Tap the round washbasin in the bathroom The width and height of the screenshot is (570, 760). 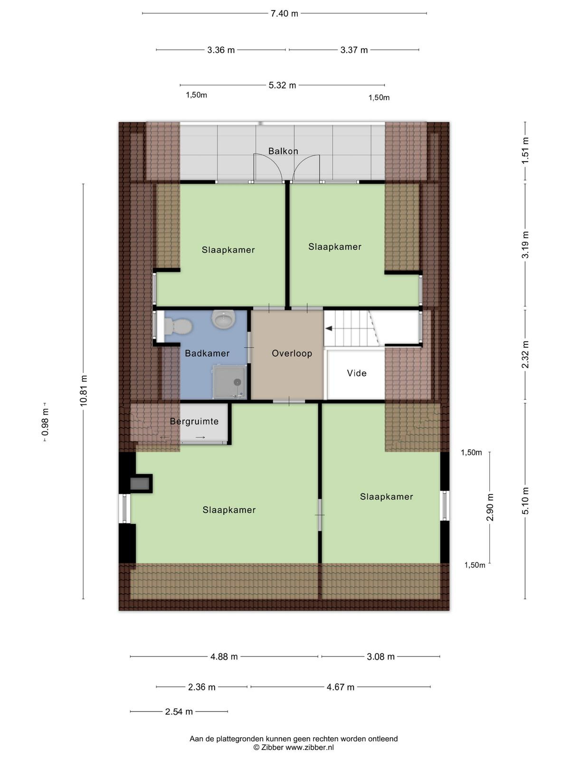pos(223,319)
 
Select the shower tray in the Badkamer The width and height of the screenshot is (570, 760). pos(230,381)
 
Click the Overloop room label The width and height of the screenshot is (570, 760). pos(292,353)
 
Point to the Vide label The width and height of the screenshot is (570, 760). pos(356,373)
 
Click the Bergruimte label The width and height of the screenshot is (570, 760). pos(194,421)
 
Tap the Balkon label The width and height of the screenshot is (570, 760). pos(283,151)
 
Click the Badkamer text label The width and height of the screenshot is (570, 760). pos(207,353)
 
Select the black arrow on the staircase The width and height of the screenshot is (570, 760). pos(329,328)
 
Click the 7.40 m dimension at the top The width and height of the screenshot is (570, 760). pos(284,13)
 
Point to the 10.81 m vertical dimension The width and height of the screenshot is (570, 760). pos(84,390)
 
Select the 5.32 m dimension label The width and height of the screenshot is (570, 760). pos(282,85)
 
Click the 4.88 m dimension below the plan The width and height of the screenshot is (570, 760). pos(224,656)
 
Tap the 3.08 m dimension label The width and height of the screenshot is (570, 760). pos(380,656)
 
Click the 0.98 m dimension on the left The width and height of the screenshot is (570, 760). pos(45,422)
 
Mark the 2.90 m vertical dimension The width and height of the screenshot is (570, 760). pos(490,507)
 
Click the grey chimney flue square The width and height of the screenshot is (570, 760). pos(140,484)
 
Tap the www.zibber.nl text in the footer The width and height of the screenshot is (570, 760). pos(309,748)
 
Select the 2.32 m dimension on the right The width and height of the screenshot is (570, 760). pos(525,355)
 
